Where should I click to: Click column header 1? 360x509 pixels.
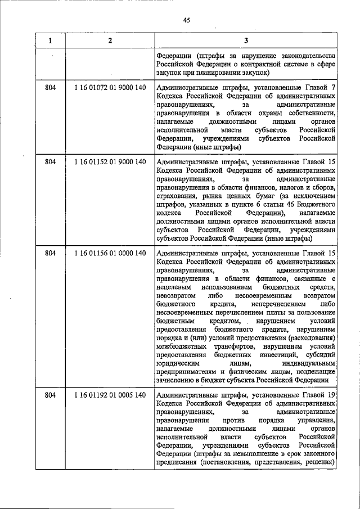pyautogui.click(x=50, y=40)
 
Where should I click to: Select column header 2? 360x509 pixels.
pyautogui.click(x=110, y=40)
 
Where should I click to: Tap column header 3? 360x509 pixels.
pyautogui.click(x=246, y=40)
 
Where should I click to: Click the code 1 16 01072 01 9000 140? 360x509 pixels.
pyautogui.click(x=110, y=88)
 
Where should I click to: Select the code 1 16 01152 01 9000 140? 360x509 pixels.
pyautogui.click(x=110, y=162)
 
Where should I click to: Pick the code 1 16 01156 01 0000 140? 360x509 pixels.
pyautogui.click(x=110, y=253)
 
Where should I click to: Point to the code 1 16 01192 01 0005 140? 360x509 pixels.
pyautogui.click(x=110, y=395)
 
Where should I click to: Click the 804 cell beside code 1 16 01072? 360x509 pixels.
pyautogui.click(x=50, y=88)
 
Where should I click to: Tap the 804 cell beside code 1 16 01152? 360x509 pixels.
pyautogui.click(x=50, y=162)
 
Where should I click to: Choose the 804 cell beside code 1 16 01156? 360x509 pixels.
pyautogui.click(x=50, y=253)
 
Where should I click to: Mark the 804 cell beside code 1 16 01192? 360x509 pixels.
pyautogui.click(x=50, y=395)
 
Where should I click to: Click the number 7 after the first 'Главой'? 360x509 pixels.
pyautogui.click(x=333, y=88)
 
